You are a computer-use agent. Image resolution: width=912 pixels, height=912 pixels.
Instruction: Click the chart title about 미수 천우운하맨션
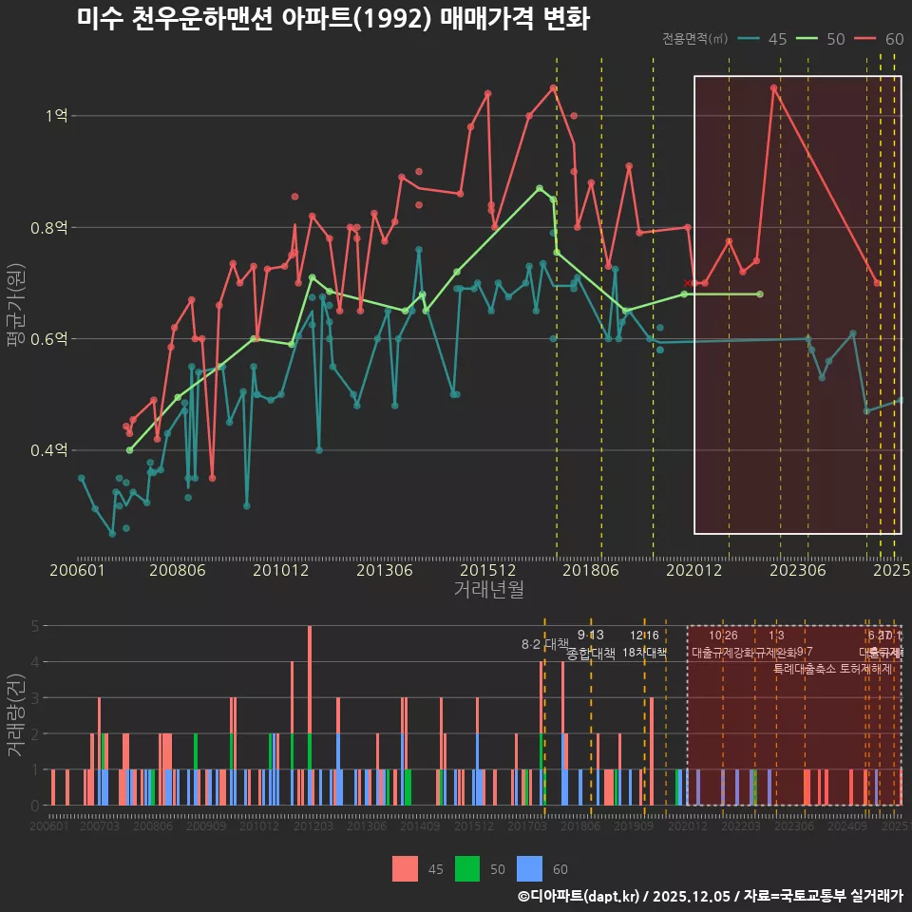pos(333,19)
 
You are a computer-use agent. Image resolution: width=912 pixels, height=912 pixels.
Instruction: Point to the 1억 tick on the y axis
pos(56,116)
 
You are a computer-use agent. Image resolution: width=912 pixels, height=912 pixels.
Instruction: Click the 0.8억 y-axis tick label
pos(50,228)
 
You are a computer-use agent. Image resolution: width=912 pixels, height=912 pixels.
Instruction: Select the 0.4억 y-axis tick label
pos(50,450)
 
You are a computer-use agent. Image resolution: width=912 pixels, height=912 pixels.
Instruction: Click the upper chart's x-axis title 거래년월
pos(488,589)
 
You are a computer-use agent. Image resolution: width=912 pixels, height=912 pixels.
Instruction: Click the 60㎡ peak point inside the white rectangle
pos(774,87)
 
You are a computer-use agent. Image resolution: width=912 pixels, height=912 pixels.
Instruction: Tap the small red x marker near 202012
pos(687,283)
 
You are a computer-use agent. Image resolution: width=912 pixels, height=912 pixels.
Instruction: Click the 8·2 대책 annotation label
pos(544,644)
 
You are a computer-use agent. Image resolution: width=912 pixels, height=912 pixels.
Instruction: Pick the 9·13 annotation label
pos(590,635)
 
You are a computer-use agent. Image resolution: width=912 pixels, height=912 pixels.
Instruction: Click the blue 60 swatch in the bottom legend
pos(529,868)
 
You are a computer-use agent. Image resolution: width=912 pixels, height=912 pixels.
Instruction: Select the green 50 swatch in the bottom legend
pos(466,868)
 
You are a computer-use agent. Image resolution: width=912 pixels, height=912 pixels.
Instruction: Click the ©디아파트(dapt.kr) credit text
pos(579,896)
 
